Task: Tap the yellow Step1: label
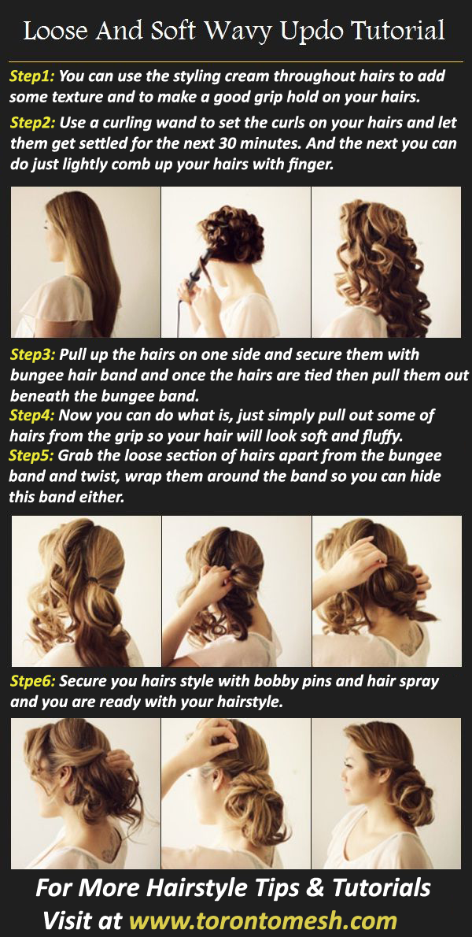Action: pos(32,77)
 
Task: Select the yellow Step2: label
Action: pos(32,124)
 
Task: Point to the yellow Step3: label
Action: pos(32,355)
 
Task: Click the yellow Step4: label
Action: pos(32,415)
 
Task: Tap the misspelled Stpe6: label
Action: pos(32,681)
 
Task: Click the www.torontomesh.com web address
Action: pos(264,920)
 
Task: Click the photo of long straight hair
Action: pos(85,262)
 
